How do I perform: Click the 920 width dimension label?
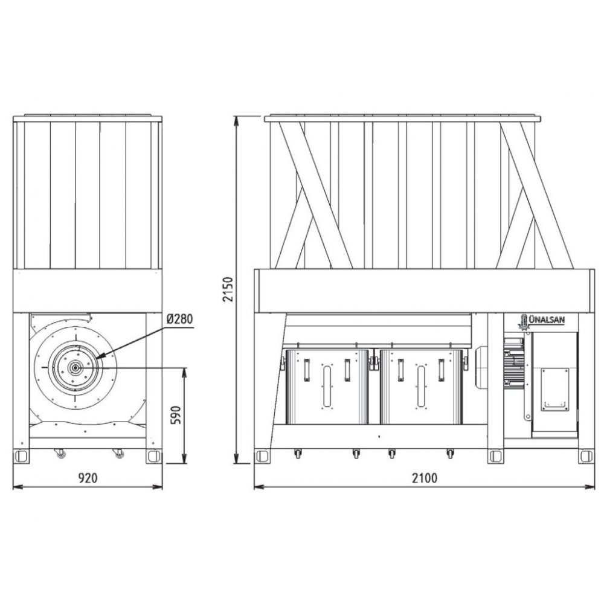pyautogui.click(x=88, y=478)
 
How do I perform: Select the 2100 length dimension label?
pyautogui.click(x=425, y=478)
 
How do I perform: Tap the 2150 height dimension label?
pyautogui.click(x=229, y=289)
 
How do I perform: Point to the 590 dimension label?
pyautogui.click(x=175, y=414)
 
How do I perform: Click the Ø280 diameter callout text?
pyautogui.click(x=179, y=319)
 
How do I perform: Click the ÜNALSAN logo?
pyautogui.click(x=541, y=322)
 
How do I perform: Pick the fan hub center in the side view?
pyautogui.click(x=75, y=368)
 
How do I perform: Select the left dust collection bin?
pyautogui.click(x=327, y=387)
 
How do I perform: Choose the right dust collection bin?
pyautogui.click(x=421, y=387)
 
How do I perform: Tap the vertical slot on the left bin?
pyautogui.click(x=327, y=387)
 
